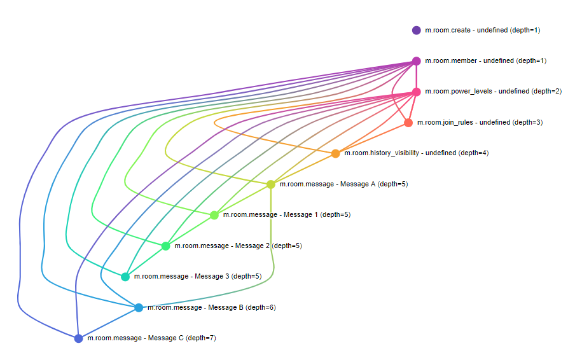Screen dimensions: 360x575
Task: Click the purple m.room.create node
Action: (417, 30)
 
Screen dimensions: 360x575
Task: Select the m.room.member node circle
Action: (417, 61)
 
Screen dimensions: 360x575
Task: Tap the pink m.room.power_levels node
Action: (417, 92)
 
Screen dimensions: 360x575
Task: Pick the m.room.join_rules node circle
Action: (408, 123)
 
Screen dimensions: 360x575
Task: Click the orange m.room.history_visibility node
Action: (336, 153)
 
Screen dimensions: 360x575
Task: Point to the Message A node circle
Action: (271, 184)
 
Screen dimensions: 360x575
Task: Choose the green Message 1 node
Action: (214, 215)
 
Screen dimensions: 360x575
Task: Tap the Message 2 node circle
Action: (166, 246)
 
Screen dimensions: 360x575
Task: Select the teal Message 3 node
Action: (125, 277)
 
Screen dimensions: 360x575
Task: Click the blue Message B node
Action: (139, 308)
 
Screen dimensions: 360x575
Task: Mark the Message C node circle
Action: (79, 338)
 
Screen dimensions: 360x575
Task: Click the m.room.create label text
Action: (482, 30)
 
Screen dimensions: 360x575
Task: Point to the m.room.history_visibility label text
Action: (416, 153)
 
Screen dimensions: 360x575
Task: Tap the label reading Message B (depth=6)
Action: (211, 308)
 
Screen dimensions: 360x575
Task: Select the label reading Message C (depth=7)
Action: (151, 338)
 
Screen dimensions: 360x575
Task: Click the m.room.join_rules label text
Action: (480, 123)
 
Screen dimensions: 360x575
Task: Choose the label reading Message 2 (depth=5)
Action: (238, 246)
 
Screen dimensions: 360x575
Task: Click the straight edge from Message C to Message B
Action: (109, 323)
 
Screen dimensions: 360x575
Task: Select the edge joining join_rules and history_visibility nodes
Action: (372, 138)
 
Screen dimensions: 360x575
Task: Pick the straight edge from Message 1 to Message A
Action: (242, 200)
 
